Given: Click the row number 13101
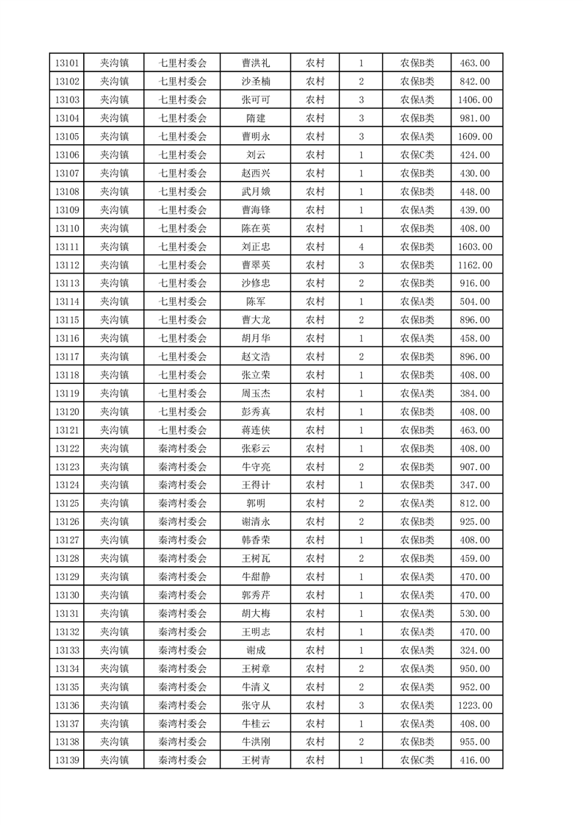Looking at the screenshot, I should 67,63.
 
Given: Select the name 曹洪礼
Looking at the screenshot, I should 255,63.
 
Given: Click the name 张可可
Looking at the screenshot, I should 255,100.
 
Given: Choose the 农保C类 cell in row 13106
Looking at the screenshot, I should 417,155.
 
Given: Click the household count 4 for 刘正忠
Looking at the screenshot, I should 362,246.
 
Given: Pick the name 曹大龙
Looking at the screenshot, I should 255,320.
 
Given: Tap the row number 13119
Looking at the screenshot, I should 67,393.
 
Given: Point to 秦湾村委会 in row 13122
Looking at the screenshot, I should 183,449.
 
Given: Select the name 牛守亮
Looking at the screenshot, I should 255,466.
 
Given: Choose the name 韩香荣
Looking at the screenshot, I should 255,540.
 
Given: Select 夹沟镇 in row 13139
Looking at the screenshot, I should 115,760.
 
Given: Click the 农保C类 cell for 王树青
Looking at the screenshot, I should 417,760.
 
